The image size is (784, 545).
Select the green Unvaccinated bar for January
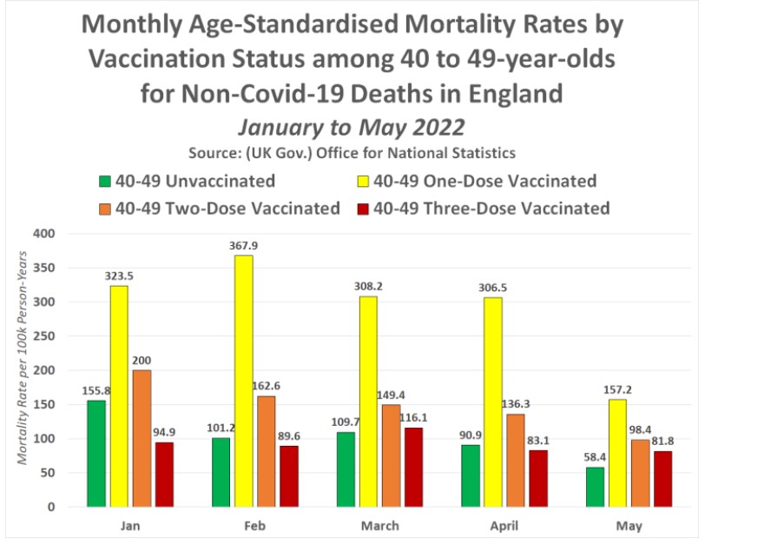point(96,453)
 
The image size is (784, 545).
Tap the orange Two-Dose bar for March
point(392,455)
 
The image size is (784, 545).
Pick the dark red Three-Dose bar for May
point(663,478)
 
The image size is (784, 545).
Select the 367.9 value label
point(242,246)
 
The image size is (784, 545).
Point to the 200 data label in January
point(142,362)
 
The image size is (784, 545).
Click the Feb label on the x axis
point(254,526)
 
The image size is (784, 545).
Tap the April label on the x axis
point(504,526)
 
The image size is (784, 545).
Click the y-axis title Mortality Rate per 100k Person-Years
point(24,370)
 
